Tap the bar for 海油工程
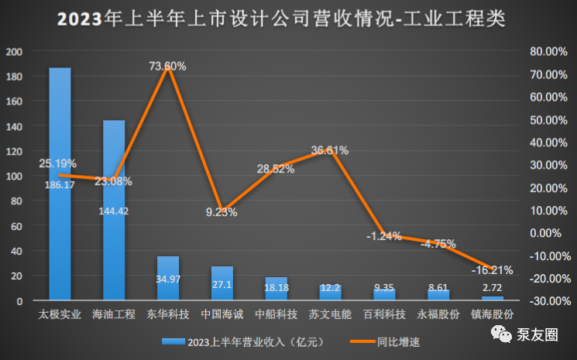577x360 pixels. point(114,210)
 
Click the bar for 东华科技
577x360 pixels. point(168,278)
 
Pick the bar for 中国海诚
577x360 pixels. point(222,283)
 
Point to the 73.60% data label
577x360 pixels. point(167,67)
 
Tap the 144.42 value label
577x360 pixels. point(114,210)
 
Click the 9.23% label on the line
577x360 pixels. point(222,212)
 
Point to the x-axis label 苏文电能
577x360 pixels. point(330,315)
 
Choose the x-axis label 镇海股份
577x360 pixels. point(493,315)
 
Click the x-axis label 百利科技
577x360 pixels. point(384,315)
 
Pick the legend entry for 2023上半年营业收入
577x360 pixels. point(232,341)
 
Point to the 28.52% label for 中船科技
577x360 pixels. point(275,168)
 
